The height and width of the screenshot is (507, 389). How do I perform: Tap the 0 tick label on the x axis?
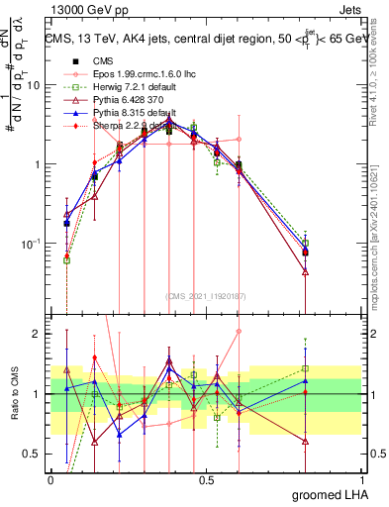(x=50, y=481)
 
